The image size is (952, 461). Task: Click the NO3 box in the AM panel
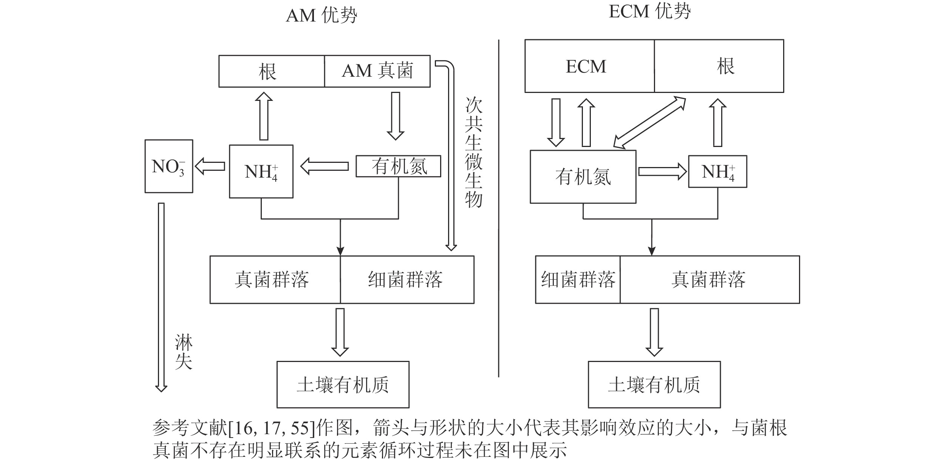(169, 166)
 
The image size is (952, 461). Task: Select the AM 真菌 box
(377, 71)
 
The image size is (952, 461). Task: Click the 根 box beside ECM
(719, 66)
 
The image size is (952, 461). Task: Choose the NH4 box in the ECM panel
(717, 172)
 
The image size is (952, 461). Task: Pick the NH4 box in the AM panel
(261, 172)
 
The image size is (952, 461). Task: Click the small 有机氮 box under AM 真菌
(398, 166)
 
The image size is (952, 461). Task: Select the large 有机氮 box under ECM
(583, 177)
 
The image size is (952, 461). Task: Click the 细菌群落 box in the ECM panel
(578, 280)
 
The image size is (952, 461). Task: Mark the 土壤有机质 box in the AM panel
(343, 385)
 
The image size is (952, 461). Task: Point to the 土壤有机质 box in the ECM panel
(654, 385)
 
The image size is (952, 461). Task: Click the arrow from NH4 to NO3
(210, 166)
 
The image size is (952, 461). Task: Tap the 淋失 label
(184, 352)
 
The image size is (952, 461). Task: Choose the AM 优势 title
(321, 15)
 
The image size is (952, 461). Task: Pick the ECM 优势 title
(650, 12)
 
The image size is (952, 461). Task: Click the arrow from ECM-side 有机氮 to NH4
(662, 172)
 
